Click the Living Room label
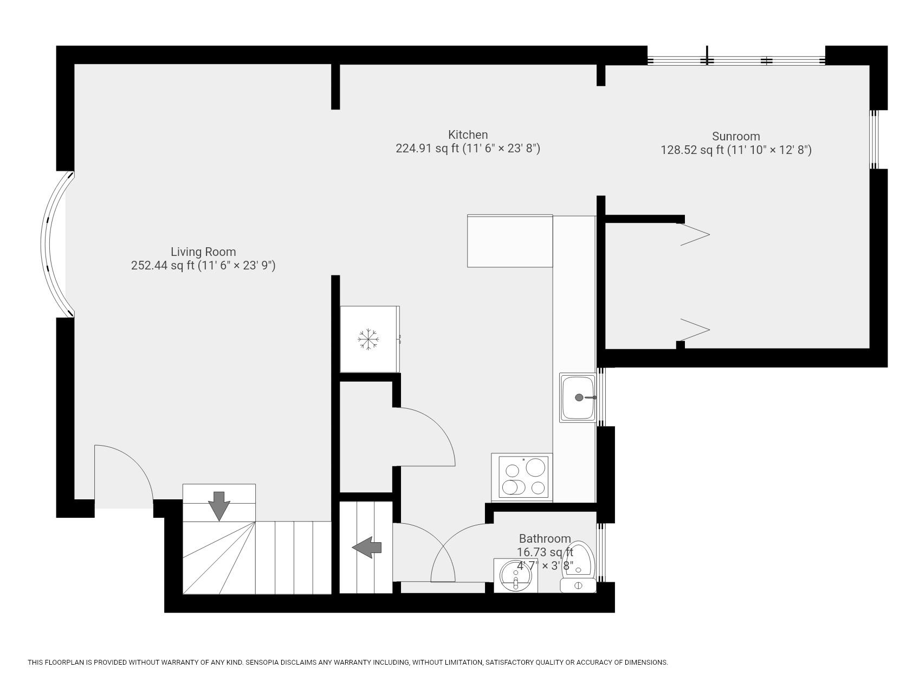(203, 252)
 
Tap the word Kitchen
(468, 134)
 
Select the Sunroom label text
(735, 136)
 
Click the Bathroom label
(545, 538)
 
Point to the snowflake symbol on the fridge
(368, 339)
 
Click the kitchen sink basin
(578, 397)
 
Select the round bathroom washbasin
(515, 576)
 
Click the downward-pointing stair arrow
(219, 506)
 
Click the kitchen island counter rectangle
(509, 241)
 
